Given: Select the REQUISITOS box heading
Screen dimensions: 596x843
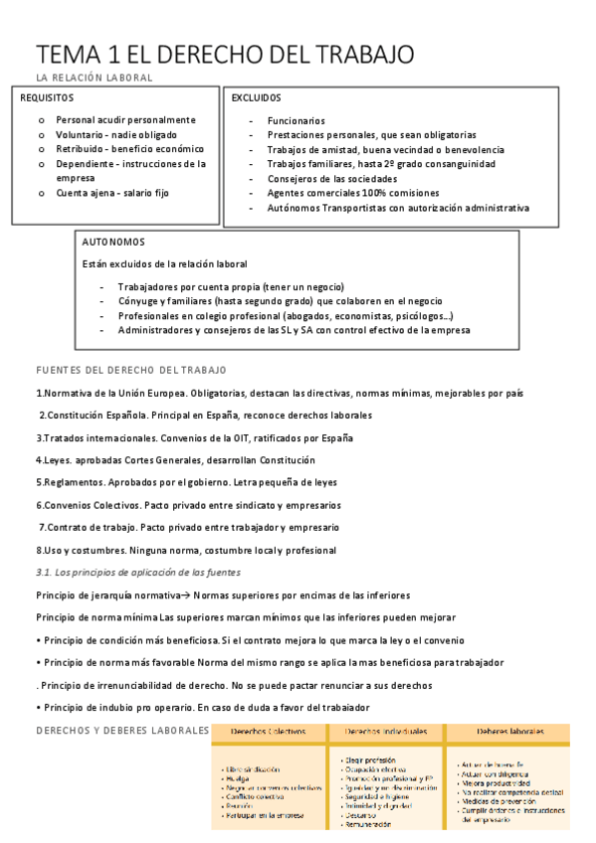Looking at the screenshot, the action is pyautogui.click(x=47, y=98).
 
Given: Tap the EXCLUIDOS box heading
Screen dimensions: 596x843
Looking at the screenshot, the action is pyautogui.click(x=257, y=98).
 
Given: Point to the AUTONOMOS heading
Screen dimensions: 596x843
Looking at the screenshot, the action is pyautogui.click(x=113, y=242).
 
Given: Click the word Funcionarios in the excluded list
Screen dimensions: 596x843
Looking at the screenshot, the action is pyautogui.click(x=296, y=120).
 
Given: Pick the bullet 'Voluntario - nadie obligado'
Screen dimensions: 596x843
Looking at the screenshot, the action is pyautogui.click(x=116, y=134).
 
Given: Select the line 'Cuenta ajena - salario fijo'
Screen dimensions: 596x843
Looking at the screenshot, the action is pyautogui.click(x=112, y=193).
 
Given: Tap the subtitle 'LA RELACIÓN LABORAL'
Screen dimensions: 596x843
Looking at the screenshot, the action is pyautogui.click(x=94, y=78).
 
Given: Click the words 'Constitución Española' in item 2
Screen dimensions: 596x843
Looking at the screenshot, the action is pyautogui.click(x=92, y=415).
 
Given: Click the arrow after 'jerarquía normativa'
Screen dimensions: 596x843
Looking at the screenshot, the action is pyautogui.click(x=183, y=594).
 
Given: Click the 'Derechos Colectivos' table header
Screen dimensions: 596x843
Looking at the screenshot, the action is pyautogui.click(x=269, y=731).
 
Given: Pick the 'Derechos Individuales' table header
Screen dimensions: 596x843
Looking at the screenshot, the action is pyautogui.click(x=386, y=731).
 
